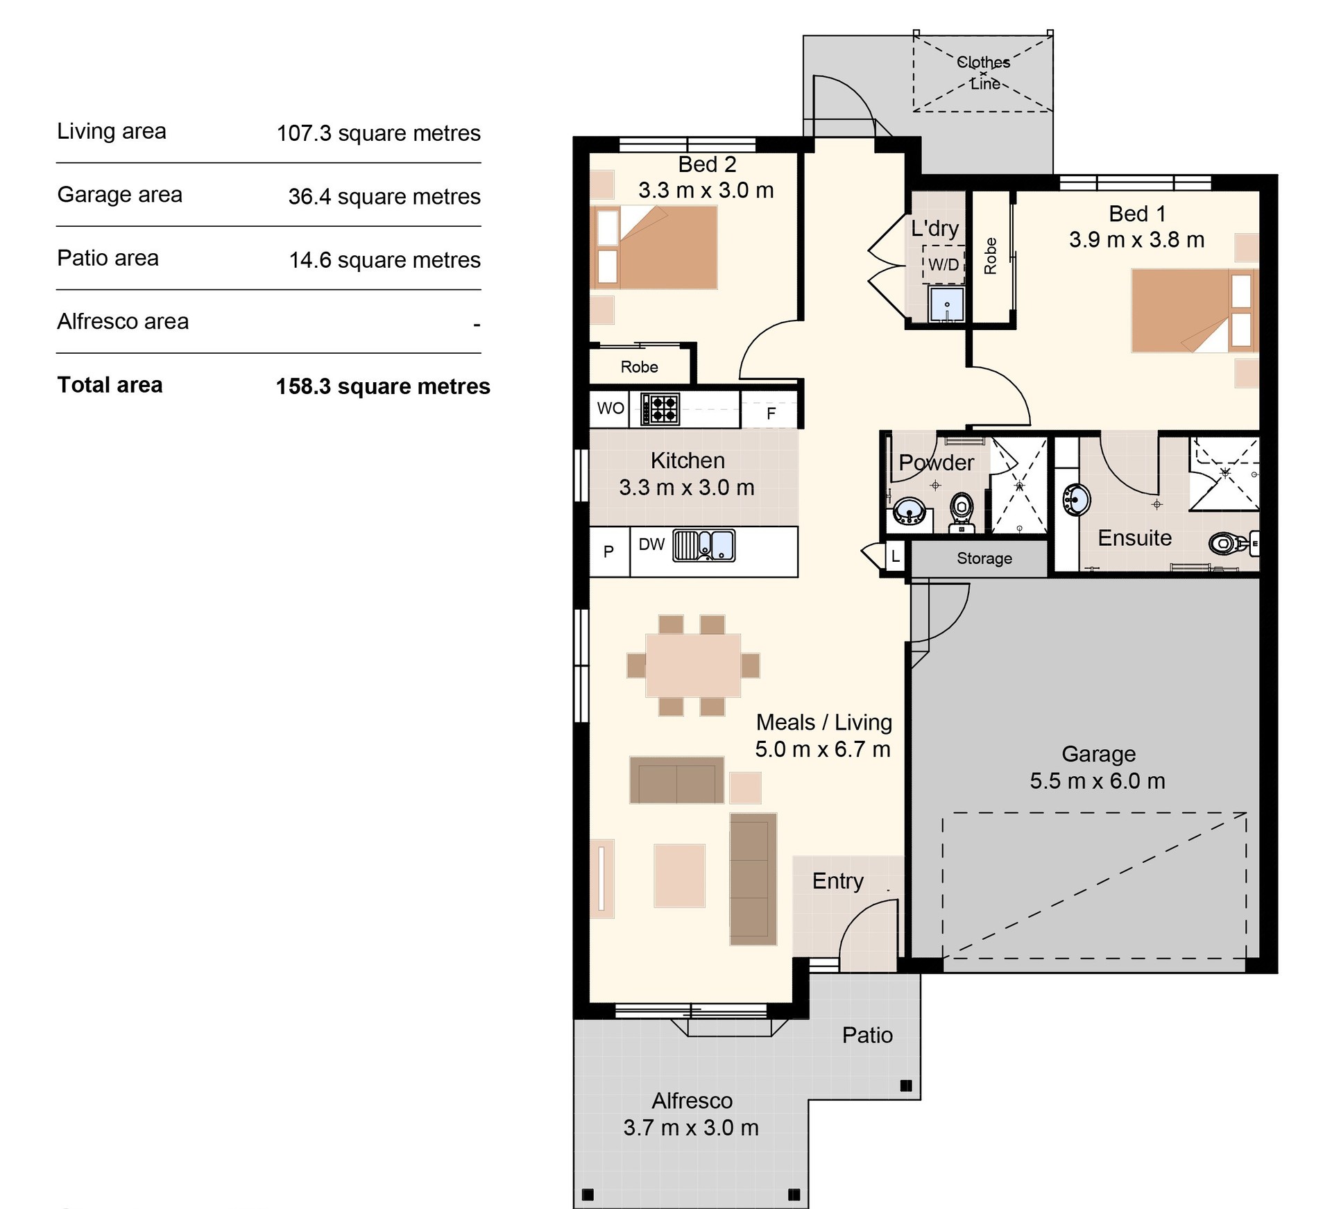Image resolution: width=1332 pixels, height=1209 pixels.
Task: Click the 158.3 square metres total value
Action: [383, 386]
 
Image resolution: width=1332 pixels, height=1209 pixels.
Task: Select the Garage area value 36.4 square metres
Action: [384, 196]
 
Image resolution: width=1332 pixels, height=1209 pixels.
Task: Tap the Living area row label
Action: [112, 131]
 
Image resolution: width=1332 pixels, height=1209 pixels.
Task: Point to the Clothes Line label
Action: [984, 73]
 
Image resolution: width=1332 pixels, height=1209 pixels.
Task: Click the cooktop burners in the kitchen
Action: [660, 409]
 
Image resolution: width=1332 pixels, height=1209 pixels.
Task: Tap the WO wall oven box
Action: [610, 409]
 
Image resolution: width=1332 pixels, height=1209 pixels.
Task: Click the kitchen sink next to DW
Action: [703, 545]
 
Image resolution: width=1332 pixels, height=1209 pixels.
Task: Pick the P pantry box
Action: [609, 552]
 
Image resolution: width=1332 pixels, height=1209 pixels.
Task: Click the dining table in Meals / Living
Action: [693, 665]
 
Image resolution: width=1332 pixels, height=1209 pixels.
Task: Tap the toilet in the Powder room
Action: [962, 512]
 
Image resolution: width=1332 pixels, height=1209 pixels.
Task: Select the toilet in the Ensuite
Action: [1232, 542]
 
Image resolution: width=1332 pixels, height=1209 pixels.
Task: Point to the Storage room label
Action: [984, 558]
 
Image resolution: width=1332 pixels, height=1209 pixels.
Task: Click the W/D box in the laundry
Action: [943, 264]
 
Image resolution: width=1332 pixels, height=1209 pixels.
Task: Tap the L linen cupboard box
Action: [895, 556]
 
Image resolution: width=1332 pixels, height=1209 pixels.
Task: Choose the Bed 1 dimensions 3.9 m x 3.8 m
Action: [1136, 240]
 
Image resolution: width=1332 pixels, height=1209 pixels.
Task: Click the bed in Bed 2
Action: [654, 247]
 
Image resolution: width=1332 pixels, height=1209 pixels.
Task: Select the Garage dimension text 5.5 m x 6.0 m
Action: [1098, 781]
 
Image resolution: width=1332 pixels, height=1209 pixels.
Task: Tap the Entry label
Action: [838, 882]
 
